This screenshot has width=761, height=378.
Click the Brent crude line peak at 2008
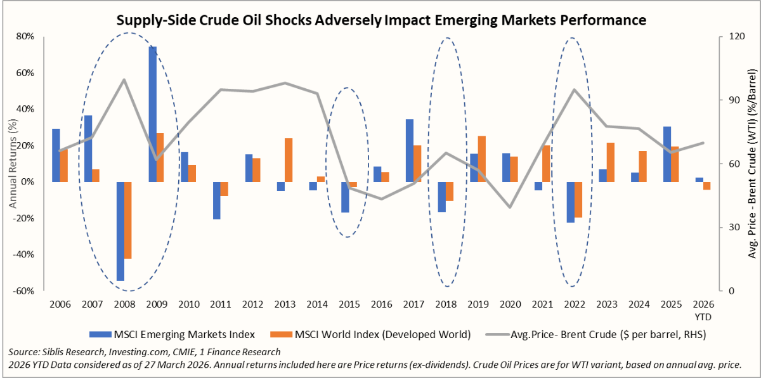pyautogui.click(x=124, y=79)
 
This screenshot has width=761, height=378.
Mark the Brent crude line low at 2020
pyautogui.click(x=510, y=207)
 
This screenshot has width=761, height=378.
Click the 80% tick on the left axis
pyautogui.click(x=25, y=36)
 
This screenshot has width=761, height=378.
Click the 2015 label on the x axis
pyautogui.click(x=349, y=304)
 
